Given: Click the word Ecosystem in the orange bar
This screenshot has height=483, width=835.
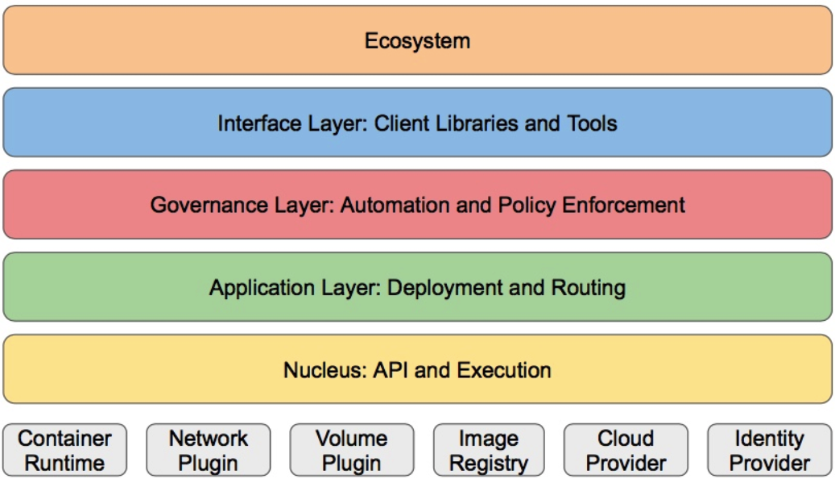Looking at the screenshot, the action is click(417, 41).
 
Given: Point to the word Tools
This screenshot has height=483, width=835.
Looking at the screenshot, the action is click(591, 123).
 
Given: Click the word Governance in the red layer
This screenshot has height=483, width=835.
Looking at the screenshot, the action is click(209, 206).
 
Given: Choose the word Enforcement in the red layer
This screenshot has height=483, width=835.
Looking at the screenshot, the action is click(623, 206).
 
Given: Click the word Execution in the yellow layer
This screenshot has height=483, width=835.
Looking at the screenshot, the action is click(503, 370).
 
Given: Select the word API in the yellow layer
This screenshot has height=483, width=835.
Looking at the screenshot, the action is click(391, 370).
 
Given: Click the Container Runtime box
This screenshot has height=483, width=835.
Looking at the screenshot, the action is click(64, 450).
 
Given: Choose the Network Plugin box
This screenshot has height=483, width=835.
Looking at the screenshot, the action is click(209, 450).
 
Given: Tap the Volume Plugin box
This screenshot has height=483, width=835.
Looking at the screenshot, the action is click(351, 450).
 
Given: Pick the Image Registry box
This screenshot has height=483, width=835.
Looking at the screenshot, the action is click(489, 450).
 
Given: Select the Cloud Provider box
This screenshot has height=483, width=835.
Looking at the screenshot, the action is click(626, 450).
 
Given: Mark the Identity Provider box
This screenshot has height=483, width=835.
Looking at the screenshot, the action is click(770, 450).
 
